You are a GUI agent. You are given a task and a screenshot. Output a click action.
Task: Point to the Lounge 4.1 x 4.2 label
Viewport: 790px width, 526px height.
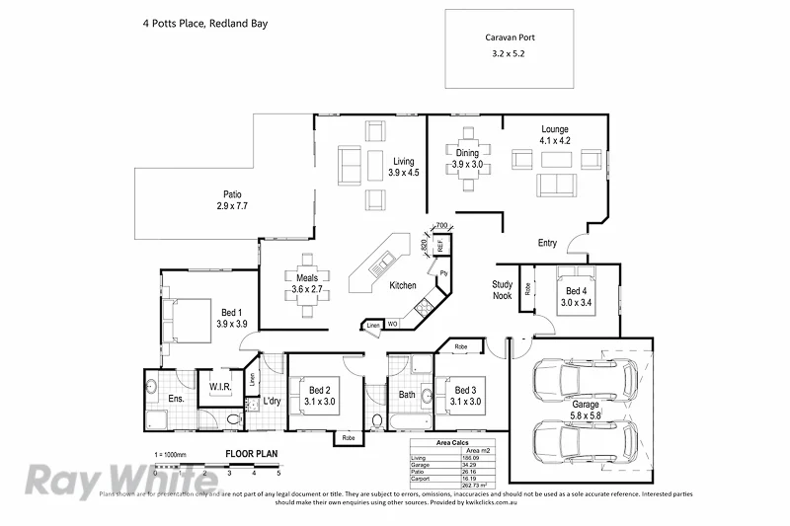click(554, 135)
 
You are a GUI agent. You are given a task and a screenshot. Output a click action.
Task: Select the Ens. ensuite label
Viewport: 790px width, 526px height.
click(176, 399)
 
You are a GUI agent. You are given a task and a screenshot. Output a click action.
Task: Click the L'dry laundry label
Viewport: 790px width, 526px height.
click(272, 401)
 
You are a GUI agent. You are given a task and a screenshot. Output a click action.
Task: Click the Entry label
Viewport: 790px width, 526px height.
click(547, 243)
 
